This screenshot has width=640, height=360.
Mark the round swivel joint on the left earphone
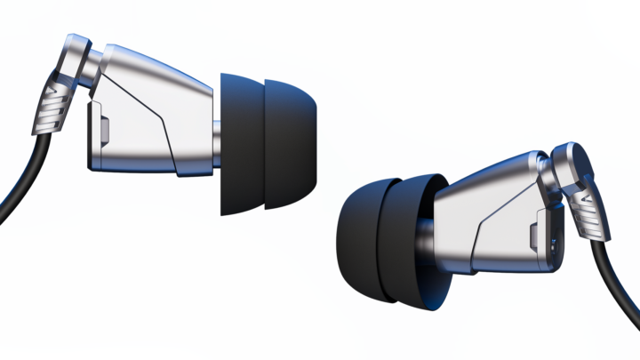(x=95, y=67)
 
